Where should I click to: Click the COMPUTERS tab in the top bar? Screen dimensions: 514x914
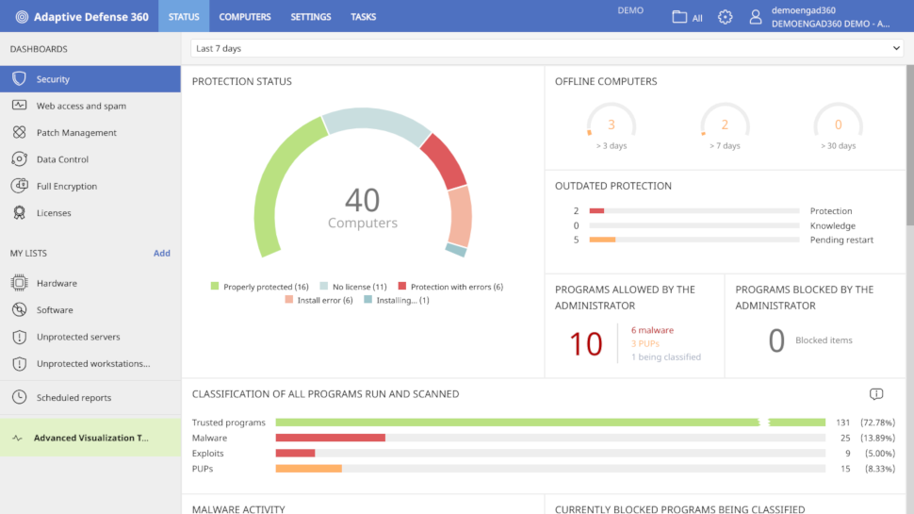coord(245,17)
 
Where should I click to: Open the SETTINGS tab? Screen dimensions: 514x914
coord(311,17)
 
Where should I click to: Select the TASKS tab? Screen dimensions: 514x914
coord(363,17)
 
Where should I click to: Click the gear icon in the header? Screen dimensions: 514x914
coord(725,17)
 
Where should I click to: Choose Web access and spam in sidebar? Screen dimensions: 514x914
coord(81,107)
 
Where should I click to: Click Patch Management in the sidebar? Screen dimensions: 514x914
coord(76,133)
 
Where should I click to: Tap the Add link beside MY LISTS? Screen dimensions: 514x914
coord(162,254)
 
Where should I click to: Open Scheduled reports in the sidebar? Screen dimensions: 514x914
coord(73,398)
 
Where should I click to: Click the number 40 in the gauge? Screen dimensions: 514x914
coord(363,199)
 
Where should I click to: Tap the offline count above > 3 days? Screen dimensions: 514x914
coord(611,124)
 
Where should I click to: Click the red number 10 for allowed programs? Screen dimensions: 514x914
coord(585,344)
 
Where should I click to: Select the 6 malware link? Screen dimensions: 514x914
coord(652,330)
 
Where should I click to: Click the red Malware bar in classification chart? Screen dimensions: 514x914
coord(330,438)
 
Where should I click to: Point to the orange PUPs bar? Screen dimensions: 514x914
coord(308,469)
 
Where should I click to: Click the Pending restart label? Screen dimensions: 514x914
coord(841,240)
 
